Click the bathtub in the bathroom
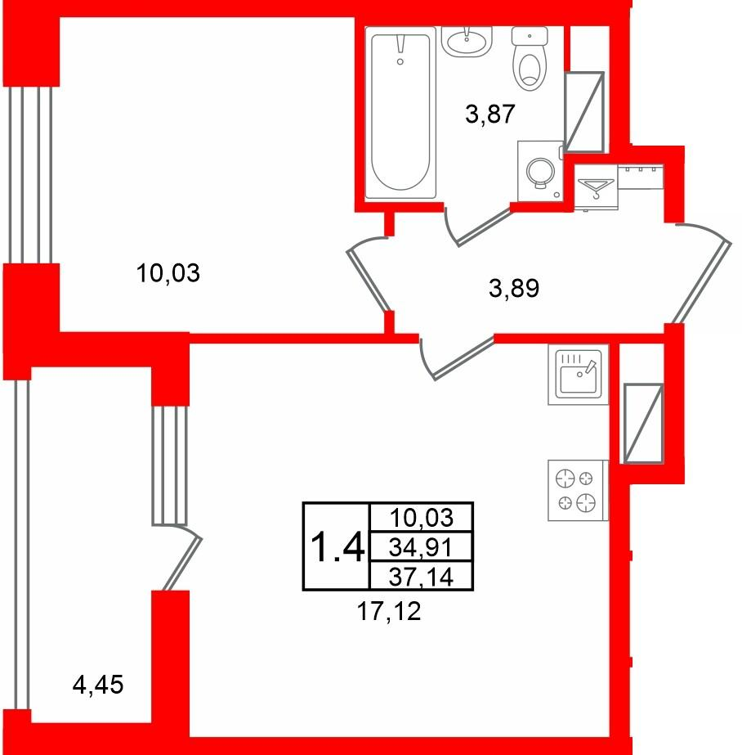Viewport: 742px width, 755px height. (x=400, y=113)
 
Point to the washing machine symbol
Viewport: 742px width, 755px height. (x=540, y=171)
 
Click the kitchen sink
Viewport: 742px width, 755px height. (x=578, y=374)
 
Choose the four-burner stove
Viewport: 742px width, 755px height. (x=578, y=490)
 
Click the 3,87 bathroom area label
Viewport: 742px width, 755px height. (x=490, y=115)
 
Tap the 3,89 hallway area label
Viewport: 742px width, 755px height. (x=513, y=289)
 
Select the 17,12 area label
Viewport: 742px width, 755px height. (x=389, y=612)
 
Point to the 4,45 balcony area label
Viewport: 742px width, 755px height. (x=98, y=684)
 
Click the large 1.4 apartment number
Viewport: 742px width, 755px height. (x=337, y=547)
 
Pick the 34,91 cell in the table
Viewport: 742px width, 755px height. (x=421, y=546)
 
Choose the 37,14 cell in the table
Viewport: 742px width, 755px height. (x=421, y=575)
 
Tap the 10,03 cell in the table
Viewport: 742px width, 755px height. (x=421, y=518)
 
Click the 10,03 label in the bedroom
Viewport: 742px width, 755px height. (x=168, y=273)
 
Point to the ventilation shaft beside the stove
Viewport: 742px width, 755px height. (x=643, y=424)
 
